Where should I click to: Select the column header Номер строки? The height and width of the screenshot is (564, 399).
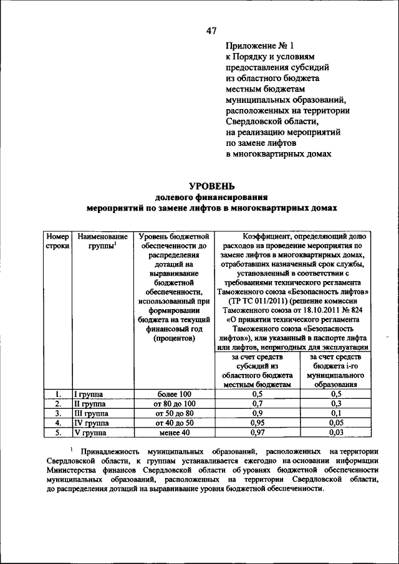(57, 242)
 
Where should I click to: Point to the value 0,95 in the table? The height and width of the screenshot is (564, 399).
(257, 422)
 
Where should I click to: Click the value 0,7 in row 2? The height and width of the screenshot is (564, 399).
(257, 403)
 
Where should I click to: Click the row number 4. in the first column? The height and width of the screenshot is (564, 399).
(57, 423)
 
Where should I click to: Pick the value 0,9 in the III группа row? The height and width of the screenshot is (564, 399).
(257, 413)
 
